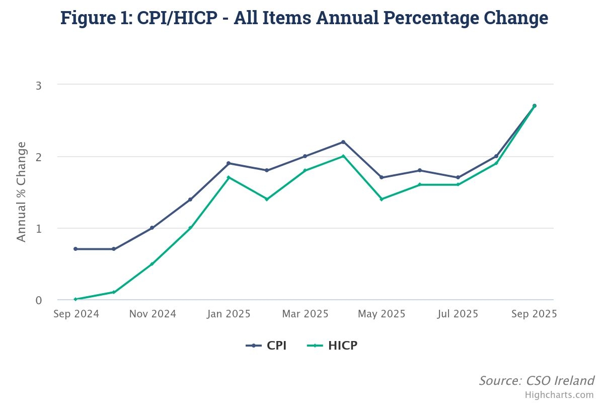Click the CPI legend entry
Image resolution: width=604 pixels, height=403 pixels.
pos(266,346)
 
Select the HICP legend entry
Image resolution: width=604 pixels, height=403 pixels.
pos(332,346)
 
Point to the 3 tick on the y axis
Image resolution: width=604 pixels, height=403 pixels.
pos(38,85)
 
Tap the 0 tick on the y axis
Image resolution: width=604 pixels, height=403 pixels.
pos(38,300)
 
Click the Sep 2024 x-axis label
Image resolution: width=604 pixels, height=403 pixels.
pos(77,314)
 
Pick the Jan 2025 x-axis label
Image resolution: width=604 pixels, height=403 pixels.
pos(229,314)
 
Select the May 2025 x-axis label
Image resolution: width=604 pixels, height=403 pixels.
pos(382,314)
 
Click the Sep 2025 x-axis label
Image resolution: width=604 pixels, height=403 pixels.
pos(534,314)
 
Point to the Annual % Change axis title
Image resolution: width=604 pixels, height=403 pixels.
pos(21,192)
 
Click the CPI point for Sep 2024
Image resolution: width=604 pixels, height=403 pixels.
pos(75,249)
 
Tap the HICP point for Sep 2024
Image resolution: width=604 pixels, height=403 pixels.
pos(75,299)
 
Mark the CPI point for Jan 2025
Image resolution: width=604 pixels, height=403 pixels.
pos(229,163)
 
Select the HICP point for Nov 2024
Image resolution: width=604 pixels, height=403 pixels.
pos(152,264)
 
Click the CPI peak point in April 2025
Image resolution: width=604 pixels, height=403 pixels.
pos(343,142)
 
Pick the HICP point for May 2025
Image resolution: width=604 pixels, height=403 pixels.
pos(382,199)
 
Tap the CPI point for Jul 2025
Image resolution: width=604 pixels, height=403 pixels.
pos(458,177)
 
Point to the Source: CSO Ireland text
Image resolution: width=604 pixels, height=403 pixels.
pos(536,380)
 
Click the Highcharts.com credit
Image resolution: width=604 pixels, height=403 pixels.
pos(559,395)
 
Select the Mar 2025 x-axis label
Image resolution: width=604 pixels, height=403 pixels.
pos(305,314)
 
